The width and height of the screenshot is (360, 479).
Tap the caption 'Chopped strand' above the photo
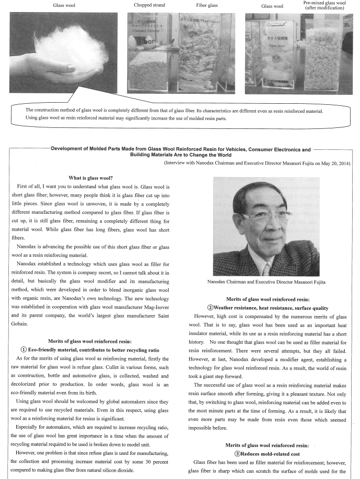pos(150,5)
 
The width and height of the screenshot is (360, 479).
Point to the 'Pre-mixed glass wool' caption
pos(325,3)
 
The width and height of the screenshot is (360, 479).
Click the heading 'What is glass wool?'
pos(93,178)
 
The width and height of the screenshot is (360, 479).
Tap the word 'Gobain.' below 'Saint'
pos(18,325)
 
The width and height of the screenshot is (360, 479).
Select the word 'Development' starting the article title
pos(68,149)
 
